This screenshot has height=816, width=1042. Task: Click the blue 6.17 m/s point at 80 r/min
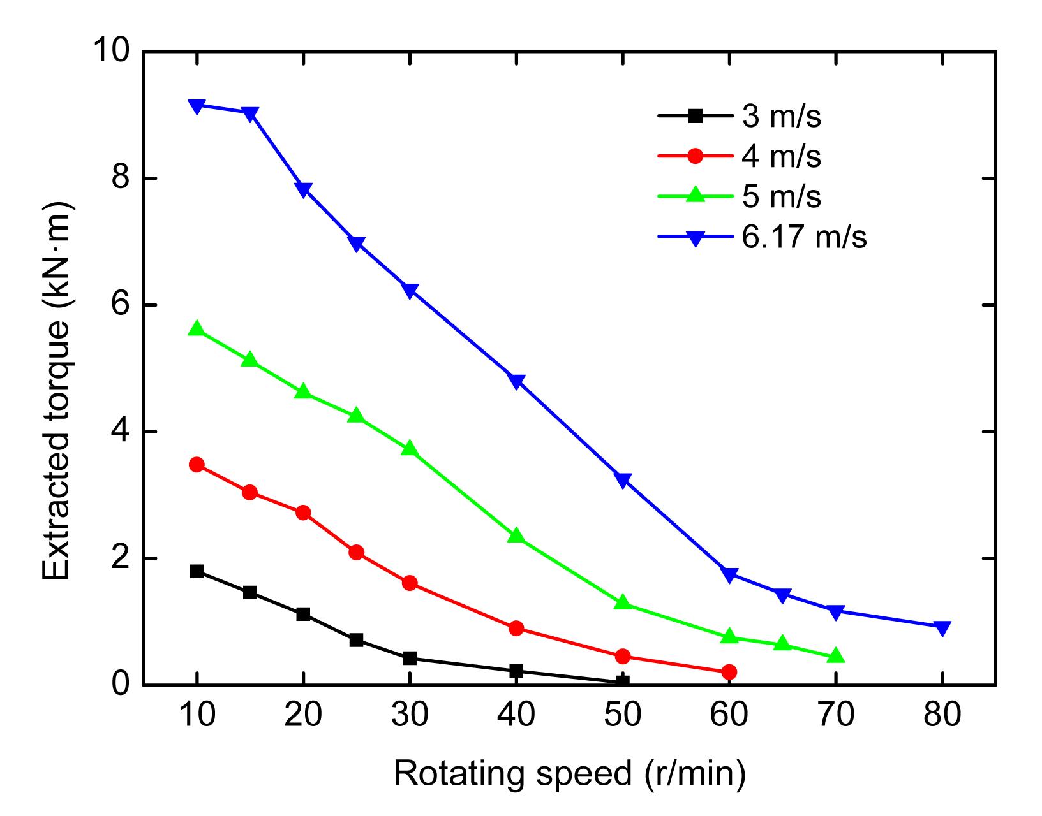pyautogui.click(x=942, y=628)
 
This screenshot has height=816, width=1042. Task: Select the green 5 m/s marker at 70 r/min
pyautogui.click(x=836, y=656)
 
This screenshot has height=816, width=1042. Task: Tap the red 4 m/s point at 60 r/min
pyautogui.click(x=729, y=672)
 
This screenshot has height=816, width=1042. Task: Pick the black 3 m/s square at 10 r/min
pyautogui.click(x=197, y=571)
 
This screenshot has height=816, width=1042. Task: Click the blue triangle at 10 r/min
pyautogui.click(x=197, y=106)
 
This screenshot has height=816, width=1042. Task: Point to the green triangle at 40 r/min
pyautogui.click(x=517, y=535)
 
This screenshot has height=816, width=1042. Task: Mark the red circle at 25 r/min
pyautogui.click(x=357, y=552)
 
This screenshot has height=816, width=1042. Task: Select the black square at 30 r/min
pyautogui.click(x=410, y=658)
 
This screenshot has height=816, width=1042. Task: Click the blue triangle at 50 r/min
pyautogui.click(x=623, y=479)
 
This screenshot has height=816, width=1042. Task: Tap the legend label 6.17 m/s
pyautogui.click(x=804, y=237)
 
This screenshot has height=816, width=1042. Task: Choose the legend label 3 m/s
pyautogui.click(x=781, y=117)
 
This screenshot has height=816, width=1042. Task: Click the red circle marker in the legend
pyautogui.click(x=696, y=156)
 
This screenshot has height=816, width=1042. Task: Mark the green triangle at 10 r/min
pyautogui.click(x=197, y=329)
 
